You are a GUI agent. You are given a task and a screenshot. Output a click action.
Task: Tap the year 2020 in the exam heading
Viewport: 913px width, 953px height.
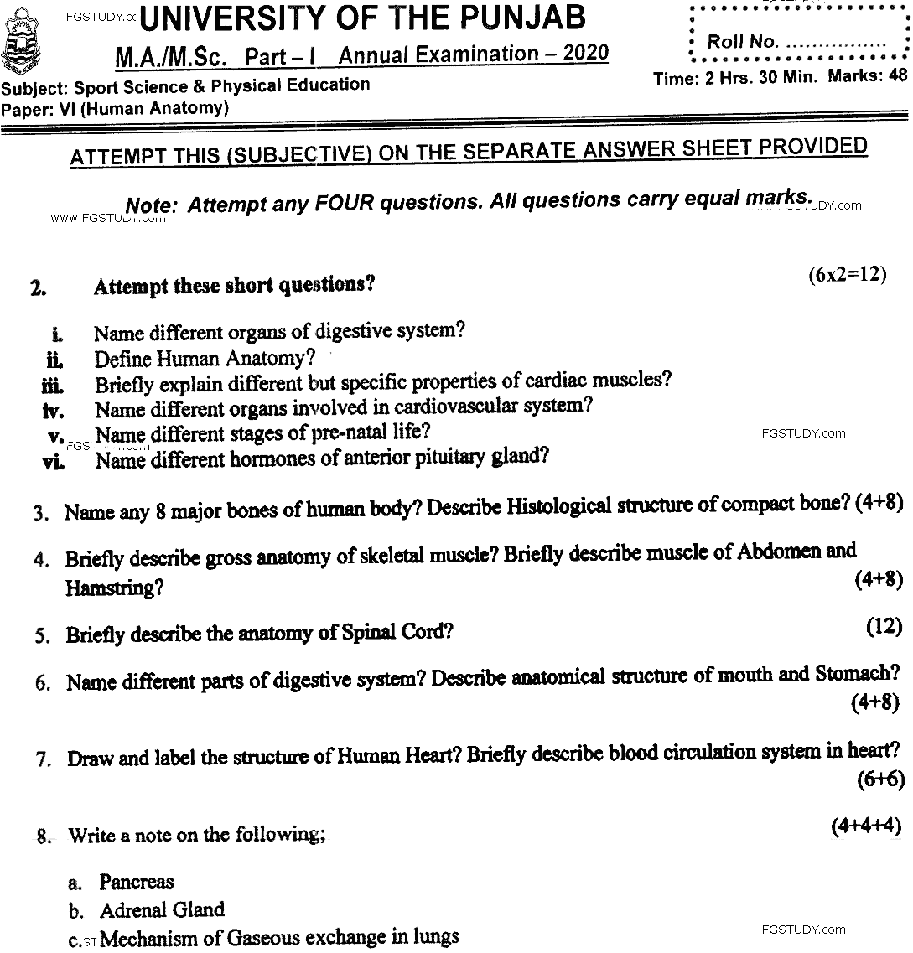(x=586, y=54)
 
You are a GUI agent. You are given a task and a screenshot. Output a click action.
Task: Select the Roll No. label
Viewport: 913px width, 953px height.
(x=743, y=42)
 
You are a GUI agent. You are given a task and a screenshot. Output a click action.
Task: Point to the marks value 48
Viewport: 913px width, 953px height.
(x=898, y=75)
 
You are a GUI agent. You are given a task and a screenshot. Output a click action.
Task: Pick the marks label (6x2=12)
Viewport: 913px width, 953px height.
(x=847, y=276)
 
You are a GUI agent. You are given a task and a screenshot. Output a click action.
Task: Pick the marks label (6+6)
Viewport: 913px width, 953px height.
(x=880, y=779)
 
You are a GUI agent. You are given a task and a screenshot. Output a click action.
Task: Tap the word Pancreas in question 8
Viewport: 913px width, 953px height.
(x=137, y=882)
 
